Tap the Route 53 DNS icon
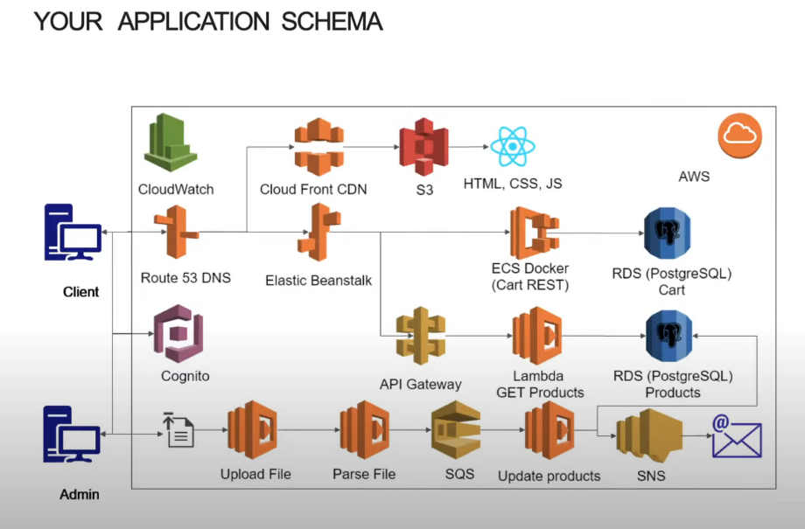(x=177, y=233)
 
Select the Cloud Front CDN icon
(x=314, y=146)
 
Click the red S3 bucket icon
(x=423, y=146)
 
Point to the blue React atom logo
(x=513, y=146)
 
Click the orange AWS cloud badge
(x=740, y=136)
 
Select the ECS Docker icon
(x=535, y=233)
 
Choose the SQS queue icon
(x=455, y=430)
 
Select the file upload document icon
(x=178, y=431)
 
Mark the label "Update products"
(x=549, y=476)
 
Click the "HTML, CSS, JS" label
(x=513, y=184)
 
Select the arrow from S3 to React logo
(x=468, y=146)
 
